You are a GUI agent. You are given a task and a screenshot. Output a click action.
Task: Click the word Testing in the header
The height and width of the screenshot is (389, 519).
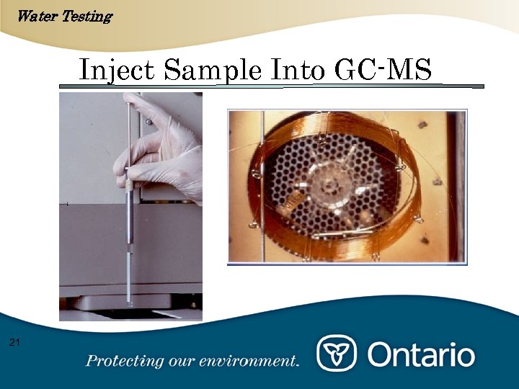pos(86,15)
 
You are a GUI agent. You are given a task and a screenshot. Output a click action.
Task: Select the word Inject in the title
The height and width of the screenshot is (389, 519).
pos(117,71)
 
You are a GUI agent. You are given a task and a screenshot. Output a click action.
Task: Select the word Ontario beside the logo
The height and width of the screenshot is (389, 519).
pos(422,354)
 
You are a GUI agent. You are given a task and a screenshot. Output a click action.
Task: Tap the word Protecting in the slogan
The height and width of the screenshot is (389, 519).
pos(123,361)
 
